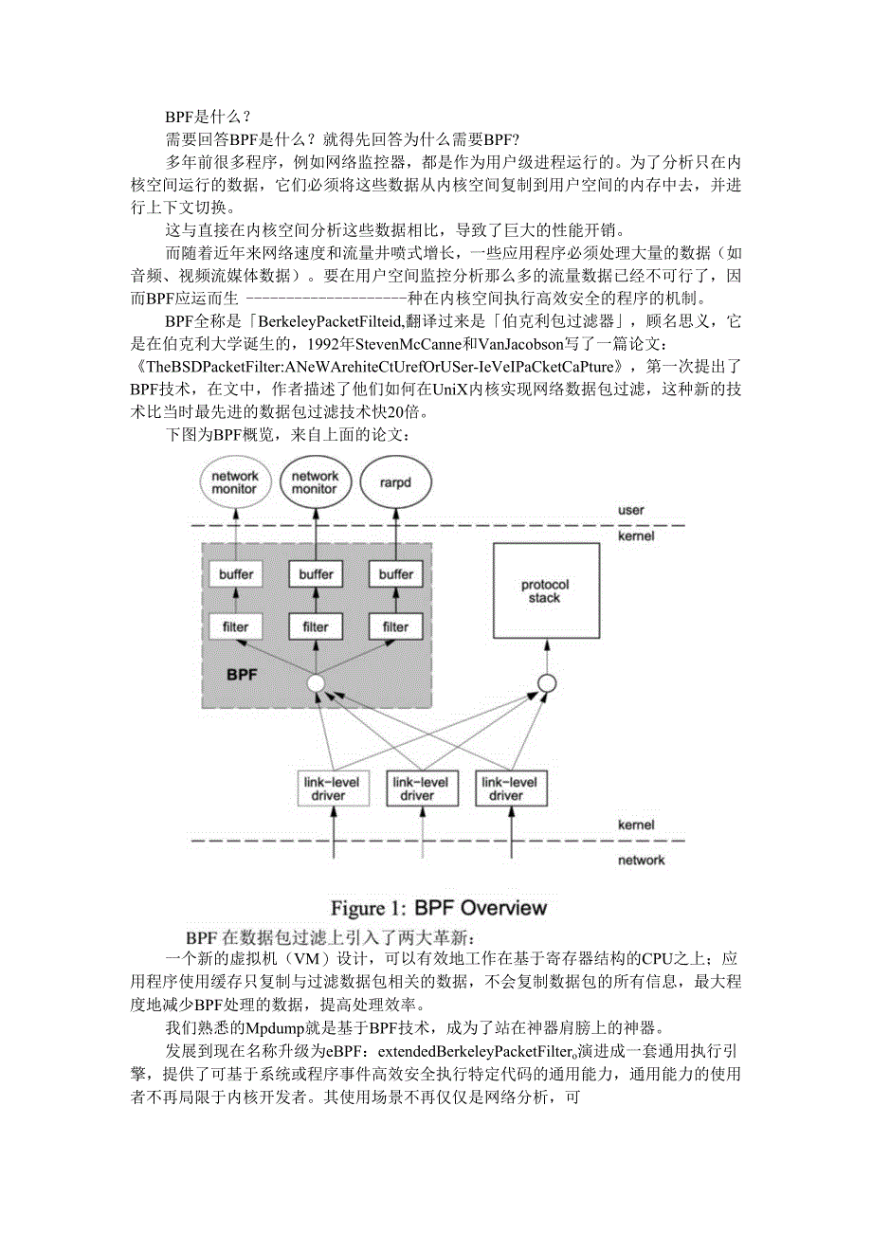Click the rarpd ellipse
[x=395, y=482]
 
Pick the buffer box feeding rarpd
[x=395, y=574]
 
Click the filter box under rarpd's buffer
[x=395, y=626]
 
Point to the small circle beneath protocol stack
[x=546, y=682]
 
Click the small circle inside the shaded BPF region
[x=316, y=682]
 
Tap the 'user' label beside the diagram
[x=630, y=511]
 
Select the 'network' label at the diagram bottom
[x=641, y=861]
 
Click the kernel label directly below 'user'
[x=636, y=536]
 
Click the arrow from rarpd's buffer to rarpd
[x=395, y=535]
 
